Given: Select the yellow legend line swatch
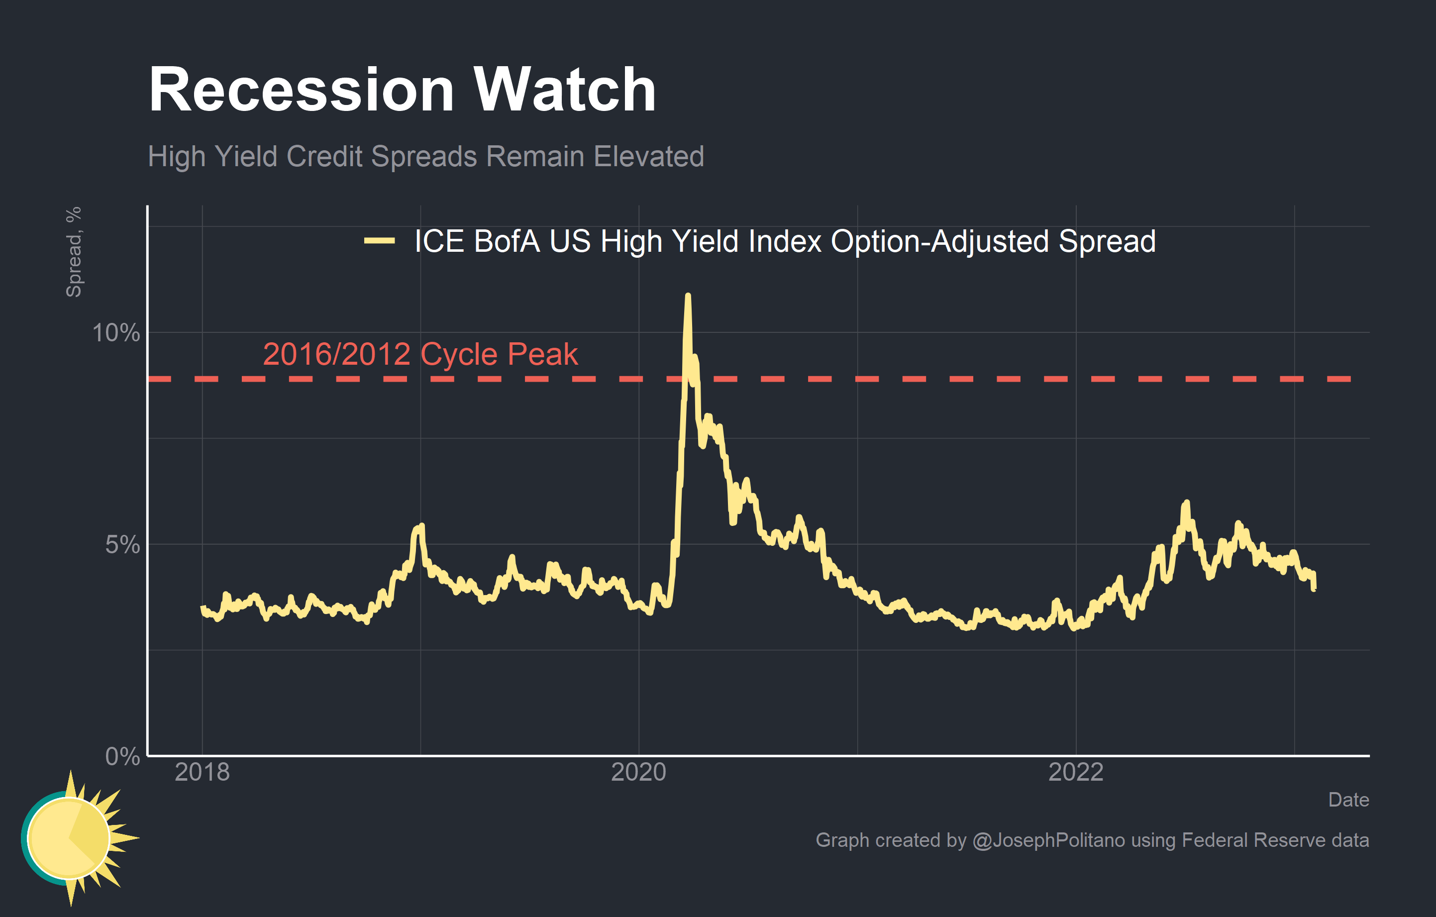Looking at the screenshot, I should [379, 241].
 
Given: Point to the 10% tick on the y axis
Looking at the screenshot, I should [116, 333].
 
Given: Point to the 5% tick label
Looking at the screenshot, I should [122, 544].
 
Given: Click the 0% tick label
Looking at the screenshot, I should [122, 756].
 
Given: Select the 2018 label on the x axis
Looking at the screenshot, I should [202, 772].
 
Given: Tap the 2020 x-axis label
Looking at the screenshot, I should [639, 772].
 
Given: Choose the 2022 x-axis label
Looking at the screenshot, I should [1076, 772].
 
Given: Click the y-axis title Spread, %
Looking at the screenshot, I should [73, 252].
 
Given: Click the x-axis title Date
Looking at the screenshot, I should [1348, 800].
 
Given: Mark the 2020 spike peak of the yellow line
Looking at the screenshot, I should [688, 295].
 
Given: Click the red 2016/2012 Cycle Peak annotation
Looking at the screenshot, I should [420, 354].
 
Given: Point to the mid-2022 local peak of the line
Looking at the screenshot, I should [1186, 503].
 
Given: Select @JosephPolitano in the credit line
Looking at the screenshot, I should [1048, 840].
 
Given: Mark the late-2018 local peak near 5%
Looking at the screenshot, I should [421, 526].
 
